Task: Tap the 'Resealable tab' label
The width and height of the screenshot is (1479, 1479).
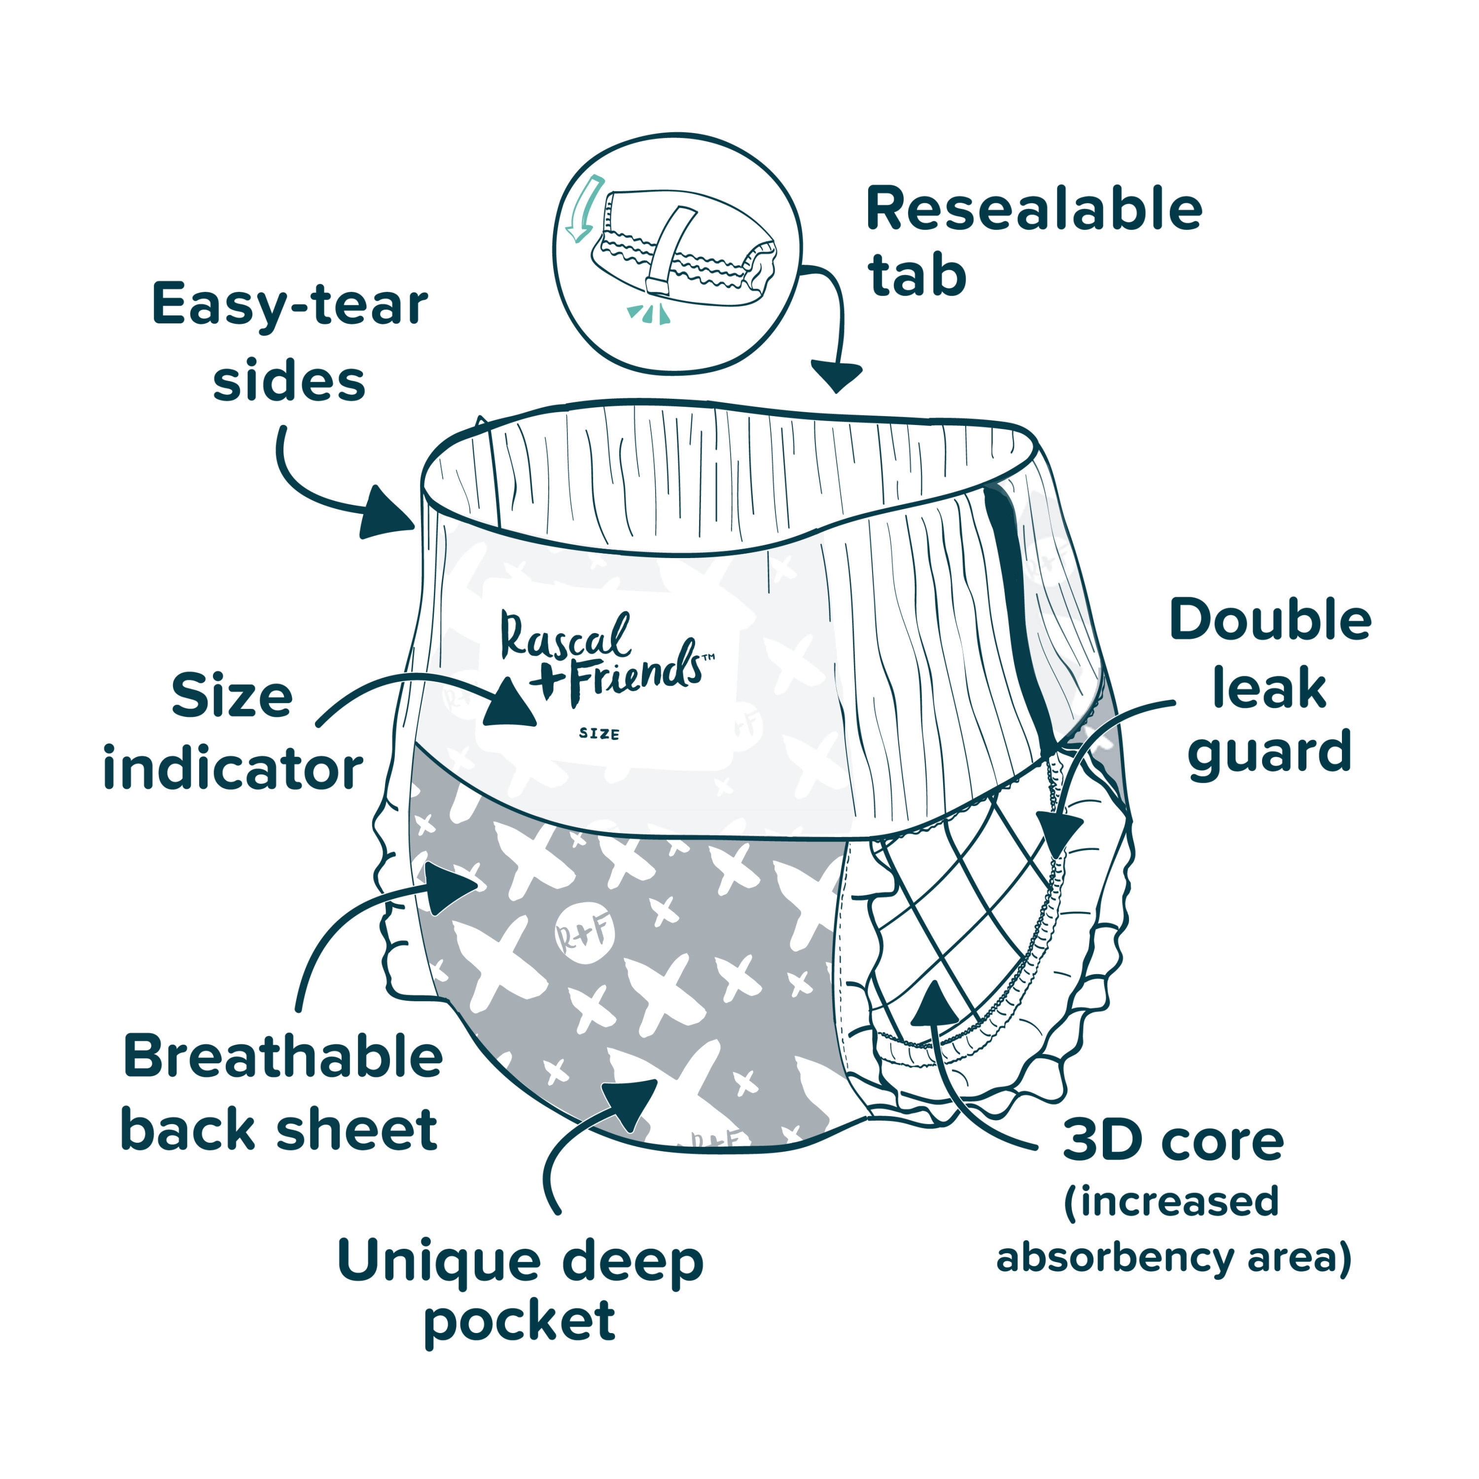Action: coord(1033,241)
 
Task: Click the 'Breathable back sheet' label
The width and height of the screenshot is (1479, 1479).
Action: coord(282,1092)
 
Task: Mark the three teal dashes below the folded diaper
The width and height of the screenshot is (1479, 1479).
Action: coord(649,313)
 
